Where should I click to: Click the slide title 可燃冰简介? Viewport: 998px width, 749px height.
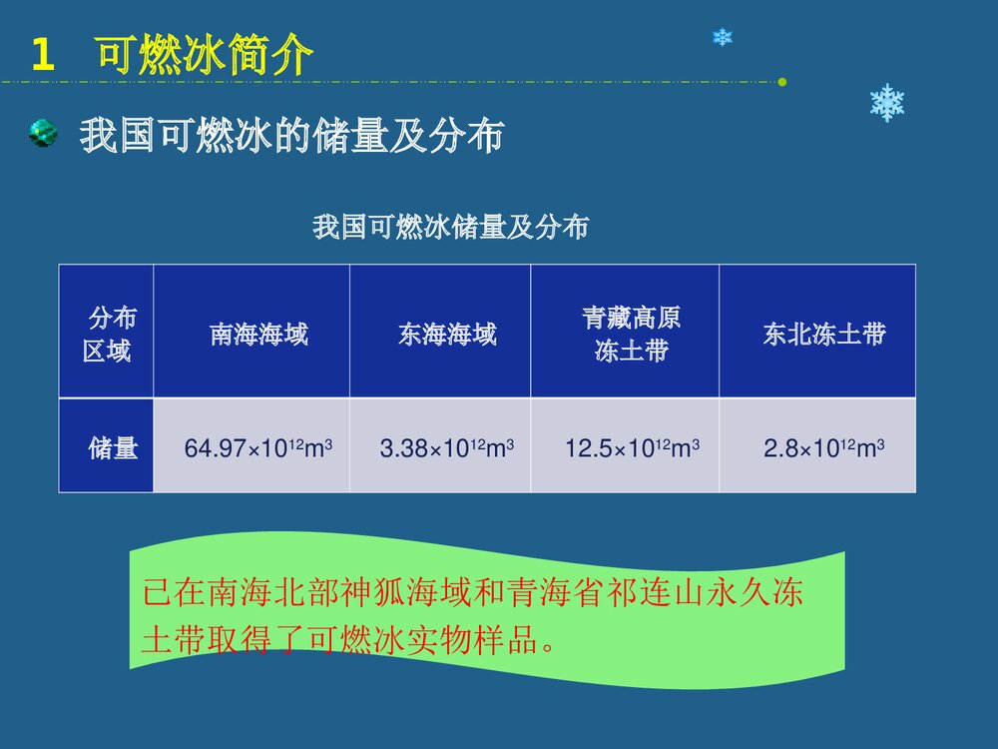[205, 55]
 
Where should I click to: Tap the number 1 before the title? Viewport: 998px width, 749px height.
[42, 56]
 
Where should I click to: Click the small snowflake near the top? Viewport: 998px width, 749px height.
[723, 37]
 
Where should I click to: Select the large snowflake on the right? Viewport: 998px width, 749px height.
[886, 103]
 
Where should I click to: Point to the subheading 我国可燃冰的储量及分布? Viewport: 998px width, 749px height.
[290, 136]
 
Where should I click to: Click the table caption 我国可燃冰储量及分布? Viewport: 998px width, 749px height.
[450, 228]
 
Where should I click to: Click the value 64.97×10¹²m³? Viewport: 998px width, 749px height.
[258, 448]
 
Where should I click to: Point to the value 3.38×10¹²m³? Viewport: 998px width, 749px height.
[446, 448]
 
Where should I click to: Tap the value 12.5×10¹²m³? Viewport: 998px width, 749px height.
[632, 448]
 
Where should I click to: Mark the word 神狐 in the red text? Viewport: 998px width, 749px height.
[390, 594]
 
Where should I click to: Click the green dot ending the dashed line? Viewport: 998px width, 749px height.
[782, 81]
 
